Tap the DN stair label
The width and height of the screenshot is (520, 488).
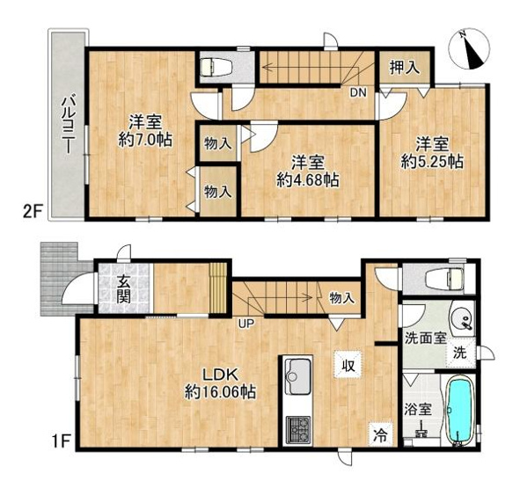(358, 91)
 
